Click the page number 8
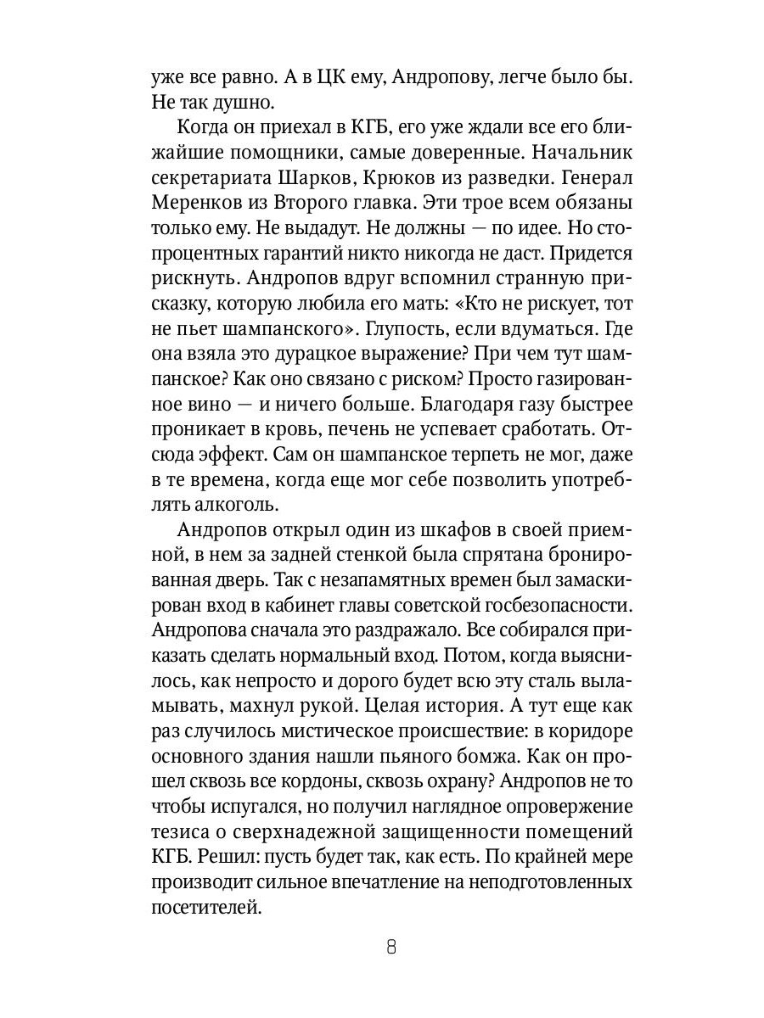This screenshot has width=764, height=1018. tap(390, 948)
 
